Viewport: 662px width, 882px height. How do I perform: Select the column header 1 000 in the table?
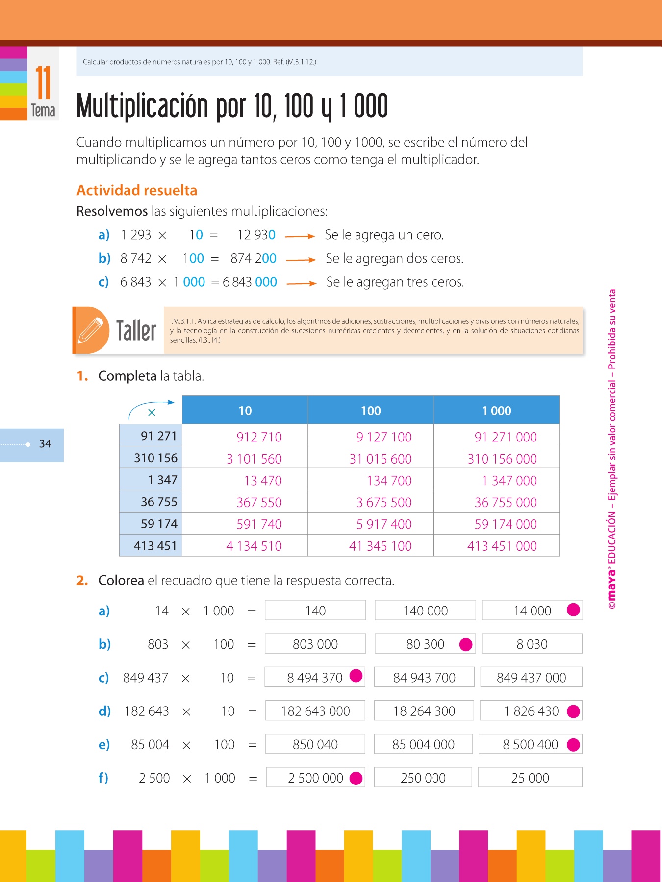pos(496,411)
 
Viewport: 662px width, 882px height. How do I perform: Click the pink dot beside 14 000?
pos(573,610)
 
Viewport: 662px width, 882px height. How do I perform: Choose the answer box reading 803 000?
pos(315,644)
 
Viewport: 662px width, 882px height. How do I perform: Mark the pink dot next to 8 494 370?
pos(356,676)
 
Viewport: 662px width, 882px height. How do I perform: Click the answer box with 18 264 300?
pos(424,711)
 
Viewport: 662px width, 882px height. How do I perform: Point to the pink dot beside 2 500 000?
pos(356,778)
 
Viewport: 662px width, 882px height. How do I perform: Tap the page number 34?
pos(45,444)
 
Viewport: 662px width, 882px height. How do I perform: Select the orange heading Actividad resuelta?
pos(137,190)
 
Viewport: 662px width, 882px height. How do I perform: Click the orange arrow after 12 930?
pos(300,236)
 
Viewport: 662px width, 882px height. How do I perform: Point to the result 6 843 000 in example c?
pos(250,282)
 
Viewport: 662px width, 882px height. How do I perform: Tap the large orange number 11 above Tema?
pos(43,83)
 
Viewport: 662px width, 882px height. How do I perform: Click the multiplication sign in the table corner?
pos(152,413)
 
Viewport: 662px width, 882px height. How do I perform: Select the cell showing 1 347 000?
pos(509,481)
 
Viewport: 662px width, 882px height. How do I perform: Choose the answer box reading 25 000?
pos(530,778)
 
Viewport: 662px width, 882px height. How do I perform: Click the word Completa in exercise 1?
pos(127,376)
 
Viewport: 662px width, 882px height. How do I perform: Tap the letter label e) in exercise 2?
pos(104,745)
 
